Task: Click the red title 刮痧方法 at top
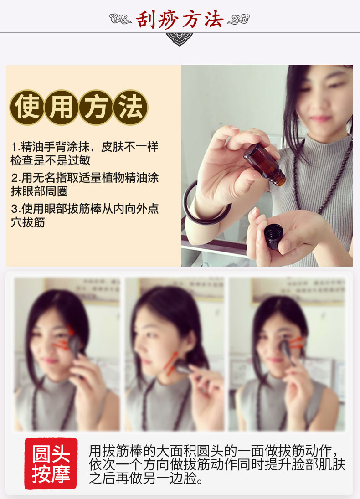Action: click(x=180, y=19)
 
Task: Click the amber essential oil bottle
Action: click(x=264, y=163)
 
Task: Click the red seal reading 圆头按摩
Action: click(x=51, y=463)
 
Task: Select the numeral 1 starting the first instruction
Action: click(x=14, y=147)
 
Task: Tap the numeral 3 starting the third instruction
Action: click(x=14, y=209)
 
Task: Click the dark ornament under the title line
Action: click(x=180, y=39)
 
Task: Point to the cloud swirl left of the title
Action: click(x=121, y=20)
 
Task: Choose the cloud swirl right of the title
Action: click(x=238, y=20)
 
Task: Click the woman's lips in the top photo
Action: click(x=320, y=118)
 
